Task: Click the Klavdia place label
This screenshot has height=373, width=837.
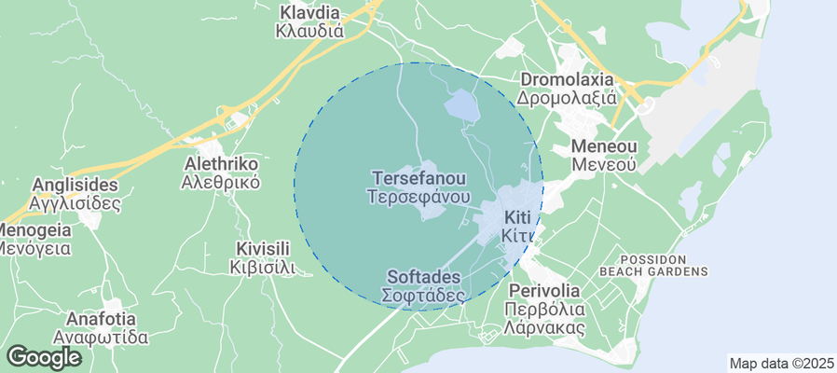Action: click(x=310, y=13)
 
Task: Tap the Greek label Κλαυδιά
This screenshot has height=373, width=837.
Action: click(x=310, y=31)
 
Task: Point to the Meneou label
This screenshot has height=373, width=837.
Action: click(x=603, y=146)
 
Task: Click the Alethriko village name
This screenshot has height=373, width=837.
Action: click(x=221, y=163)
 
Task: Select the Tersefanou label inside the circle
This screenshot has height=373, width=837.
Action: click(x=418, y=177)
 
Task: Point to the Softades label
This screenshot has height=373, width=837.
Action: click(x=423, y=278)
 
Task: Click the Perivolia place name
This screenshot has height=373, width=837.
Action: click(x=544, y=290)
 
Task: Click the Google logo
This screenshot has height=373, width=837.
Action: click(x=43, y=356)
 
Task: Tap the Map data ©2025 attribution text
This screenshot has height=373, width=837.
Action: click(x=779, y=364)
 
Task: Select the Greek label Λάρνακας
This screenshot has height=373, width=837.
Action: click(x=544, y=327)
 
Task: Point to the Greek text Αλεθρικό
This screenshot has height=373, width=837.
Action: click(x=221, y=182)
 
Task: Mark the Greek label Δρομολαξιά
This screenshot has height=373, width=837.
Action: click(x=569, y=98)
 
